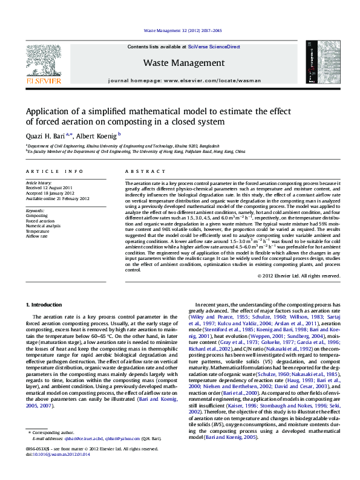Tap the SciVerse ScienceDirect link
pos(214,47)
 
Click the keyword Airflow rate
pos(36,235)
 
